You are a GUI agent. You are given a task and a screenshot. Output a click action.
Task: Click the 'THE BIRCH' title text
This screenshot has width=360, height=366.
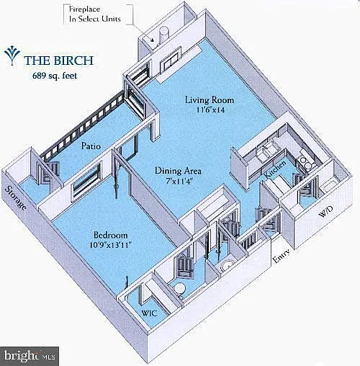(x=58, y=60)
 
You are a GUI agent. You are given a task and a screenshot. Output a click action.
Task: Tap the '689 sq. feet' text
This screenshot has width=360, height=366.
(x=55, y=76)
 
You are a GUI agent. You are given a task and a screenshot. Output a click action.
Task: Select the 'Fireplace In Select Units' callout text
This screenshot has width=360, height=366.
(x=94, y=14)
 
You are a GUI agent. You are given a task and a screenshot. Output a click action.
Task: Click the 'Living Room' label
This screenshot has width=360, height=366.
(x=210, y=99)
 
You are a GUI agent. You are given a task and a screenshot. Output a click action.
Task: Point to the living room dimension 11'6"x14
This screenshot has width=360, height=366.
(x=210, y=110)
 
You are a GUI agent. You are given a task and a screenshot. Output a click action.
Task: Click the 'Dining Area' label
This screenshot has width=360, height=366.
(x=178, y=171)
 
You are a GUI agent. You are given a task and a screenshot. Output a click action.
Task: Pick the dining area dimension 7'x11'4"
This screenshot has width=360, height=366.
(x=179, y=181)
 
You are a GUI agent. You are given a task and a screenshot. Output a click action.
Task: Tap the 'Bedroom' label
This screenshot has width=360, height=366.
(x=110, y=235)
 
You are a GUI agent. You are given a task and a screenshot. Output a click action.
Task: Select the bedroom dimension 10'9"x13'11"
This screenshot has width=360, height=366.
(x=111, y=245)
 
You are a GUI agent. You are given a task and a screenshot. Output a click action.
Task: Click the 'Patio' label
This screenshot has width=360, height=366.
(x=91, y=146)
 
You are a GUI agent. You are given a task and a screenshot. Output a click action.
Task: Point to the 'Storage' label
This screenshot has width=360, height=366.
(x=16, y=198)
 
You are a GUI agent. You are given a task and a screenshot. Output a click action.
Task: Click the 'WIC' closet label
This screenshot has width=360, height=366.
(x=149, y=313)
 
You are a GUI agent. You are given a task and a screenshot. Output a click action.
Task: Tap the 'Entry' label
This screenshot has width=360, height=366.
(x=282, y=255)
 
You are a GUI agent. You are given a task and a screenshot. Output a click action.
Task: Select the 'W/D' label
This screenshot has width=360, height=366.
(x=325, y=212)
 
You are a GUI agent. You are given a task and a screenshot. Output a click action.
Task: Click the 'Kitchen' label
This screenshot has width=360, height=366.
(x=275, y=169)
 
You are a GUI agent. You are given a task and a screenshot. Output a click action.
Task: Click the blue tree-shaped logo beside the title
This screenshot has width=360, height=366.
(x=12, y=55)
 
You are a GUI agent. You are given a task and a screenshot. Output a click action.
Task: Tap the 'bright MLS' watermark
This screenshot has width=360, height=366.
(x=30, y=356)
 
